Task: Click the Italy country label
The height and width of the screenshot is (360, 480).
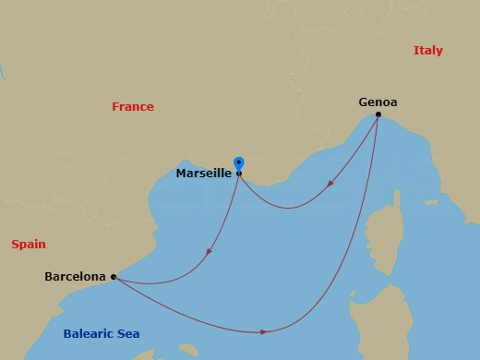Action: coord(428,51)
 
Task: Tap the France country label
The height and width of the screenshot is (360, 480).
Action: coord(133,107)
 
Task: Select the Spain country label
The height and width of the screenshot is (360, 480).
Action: coord(29,245)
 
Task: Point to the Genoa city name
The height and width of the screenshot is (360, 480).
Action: coord(378,102)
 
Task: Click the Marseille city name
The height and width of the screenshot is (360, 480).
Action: coord(203,173)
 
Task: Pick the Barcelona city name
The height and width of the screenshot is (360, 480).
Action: coord(75,276)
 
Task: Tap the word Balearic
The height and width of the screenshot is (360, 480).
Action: coord(89,333)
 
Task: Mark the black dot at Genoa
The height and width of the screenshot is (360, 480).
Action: coord(378,114)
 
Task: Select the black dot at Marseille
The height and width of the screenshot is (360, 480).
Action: coord(239,174)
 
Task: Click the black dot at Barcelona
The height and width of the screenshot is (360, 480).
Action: coord(113,276)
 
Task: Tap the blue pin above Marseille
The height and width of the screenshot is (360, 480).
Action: coord(239,163)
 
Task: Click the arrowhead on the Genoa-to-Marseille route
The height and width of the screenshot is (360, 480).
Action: coord(330,184)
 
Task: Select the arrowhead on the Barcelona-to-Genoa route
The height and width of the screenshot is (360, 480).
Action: coord(264,331)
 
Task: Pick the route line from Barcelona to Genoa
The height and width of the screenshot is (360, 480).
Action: coord(351,268)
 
